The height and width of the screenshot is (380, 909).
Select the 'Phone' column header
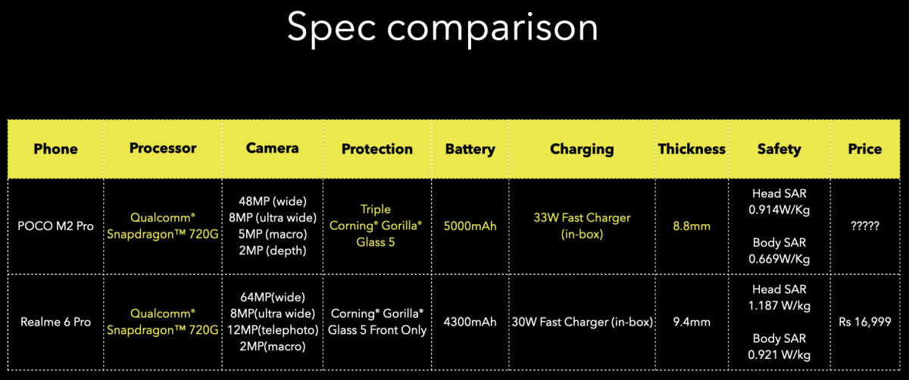tap(55, 149)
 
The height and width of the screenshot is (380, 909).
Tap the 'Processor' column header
tap(163, 148)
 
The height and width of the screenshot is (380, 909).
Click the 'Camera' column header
tap(273, 148)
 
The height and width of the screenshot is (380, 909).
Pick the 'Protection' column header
tap(377, 149)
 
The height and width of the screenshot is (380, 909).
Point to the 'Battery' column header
tap(470, 149)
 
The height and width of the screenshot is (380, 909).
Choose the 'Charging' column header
tap(582, 149)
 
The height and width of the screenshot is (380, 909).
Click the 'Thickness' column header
tap(692, 149)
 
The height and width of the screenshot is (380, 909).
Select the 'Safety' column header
tap(779, 149)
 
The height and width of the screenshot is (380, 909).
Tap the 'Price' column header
tap(865, 149)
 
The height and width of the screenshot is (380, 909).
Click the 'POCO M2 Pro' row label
tap(56, 226)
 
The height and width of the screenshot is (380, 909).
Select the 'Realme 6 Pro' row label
tap(56, 322)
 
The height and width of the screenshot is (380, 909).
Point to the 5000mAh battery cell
tap(470, 226)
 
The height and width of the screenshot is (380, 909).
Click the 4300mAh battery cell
tap(470, 322)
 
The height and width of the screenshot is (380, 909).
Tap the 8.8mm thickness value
tap(692, 226)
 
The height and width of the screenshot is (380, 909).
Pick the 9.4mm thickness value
tap(692, 322)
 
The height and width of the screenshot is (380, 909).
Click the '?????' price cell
tap(864, 226)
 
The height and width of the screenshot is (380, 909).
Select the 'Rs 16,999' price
tap(864, 322)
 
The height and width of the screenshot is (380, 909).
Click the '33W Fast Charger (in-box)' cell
tap(582, 226)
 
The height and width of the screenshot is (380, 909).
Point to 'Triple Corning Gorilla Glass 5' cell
tap(377, 226)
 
